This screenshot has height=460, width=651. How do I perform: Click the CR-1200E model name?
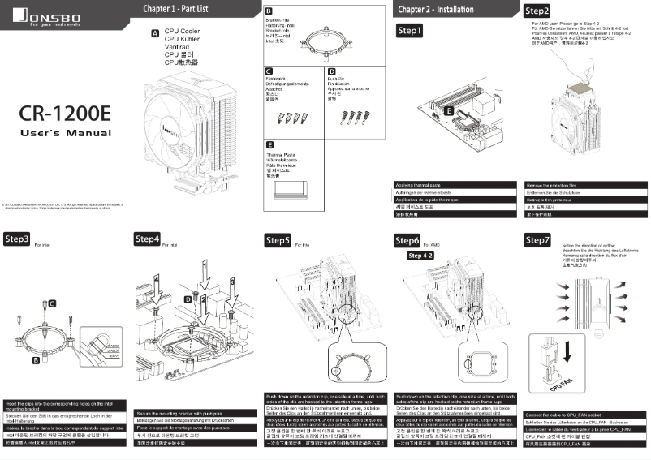click(x=65, y=111)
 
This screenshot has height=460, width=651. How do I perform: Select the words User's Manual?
click(x=65, y=132)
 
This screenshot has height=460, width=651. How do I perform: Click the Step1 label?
click(x=409, y=31)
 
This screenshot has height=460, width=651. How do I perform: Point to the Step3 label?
click(x=17, y=240)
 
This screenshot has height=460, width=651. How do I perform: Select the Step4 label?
click(x=147, y=239)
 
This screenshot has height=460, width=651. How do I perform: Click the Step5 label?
click(x=278, y=241)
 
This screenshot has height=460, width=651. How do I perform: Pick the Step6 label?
click(x=407, y=241)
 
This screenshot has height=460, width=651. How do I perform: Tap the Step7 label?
click(x=537, y=240)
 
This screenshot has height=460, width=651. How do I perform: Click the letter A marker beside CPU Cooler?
click(x=154, y=34)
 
